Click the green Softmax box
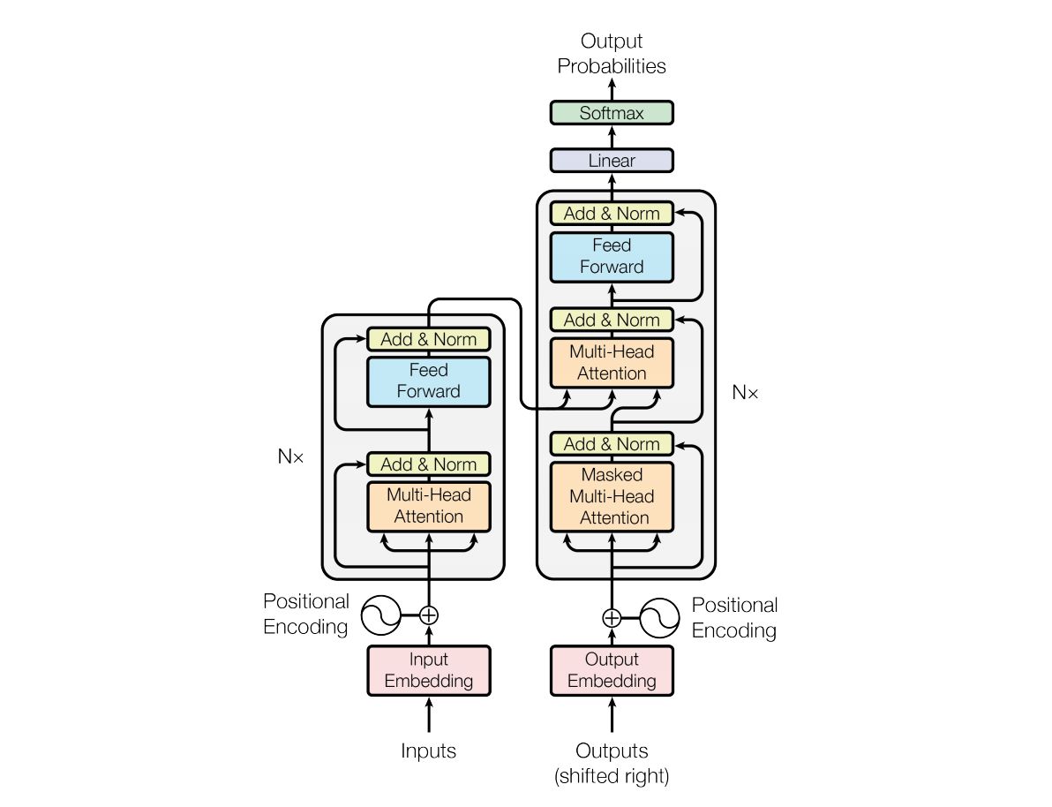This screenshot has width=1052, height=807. click(x=611, y=113)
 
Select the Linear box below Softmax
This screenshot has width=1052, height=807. click(x=611, y=161)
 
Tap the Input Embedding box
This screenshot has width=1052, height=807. click(x=428, y=670)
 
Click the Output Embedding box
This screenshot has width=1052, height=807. click(x=611, y=670)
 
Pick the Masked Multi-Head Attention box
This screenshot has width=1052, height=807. click(x=611, y=496)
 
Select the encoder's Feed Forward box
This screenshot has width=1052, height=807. click(x=428, y=381)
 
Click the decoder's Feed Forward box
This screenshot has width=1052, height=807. click(x=611, y=256)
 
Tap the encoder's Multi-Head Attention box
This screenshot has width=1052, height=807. click(x=428, y=506)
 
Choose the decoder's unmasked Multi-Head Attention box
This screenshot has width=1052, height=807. click(x=611, y=362)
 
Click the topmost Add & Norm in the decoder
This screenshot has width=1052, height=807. click(x=611, y=214)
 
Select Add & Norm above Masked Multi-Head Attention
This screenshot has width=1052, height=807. click(x=611, y=443)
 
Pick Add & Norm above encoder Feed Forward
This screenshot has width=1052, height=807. click(x=428, y=339)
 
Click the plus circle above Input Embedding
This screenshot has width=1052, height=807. click(x=428, y=615)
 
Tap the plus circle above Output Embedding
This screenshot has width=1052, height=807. click(x=611, y=616)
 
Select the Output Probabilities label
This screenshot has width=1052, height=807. click(x=611, y=53)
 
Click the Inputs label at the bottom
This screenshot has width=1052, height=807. click(x=428, y=751)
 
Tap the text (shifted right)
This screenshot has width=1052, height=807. click(x=611, y=777)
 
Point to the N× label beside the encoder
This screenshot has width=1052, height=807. click(x=290, y=457)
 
